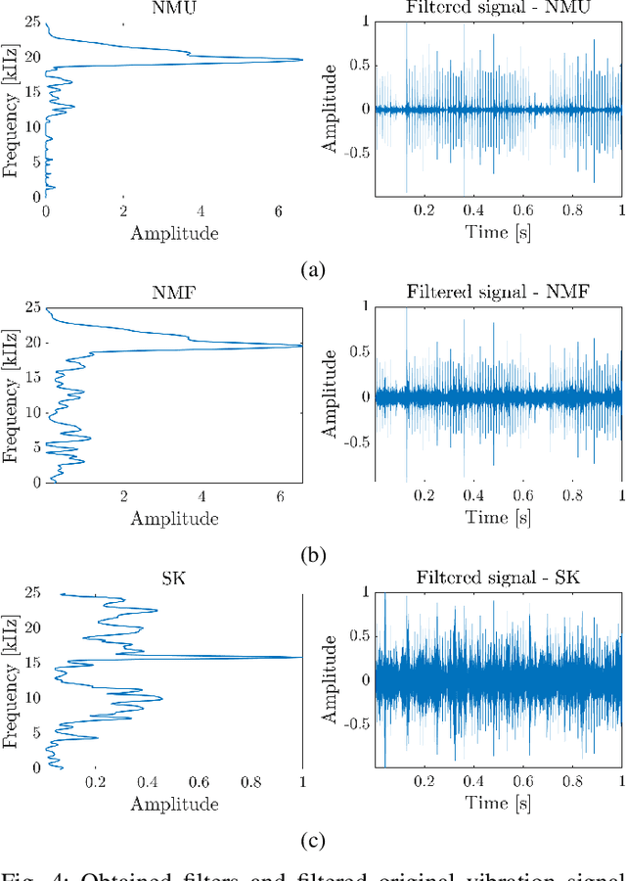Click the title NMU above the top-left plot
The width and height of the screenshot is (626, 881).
[x=174, y=9]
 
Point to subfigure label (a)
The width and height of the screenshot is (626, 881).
[x=312, y=269]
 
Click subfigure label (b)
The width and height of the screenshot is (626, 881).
[x=312, y=555]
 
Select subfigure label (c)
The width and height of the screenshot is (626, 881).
[x=312, y=841]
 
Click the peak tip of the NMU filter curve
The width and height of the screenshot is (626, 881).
[x=301, y=60]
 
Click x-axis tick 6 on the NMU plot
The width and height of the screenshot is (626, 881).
[x=278, y=210]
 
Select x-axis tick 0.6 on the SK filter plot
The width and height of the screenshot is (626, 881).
[x=199, y=782]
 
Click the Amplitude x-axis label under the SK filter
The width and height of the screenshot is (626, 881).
[x=174, y=804]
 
